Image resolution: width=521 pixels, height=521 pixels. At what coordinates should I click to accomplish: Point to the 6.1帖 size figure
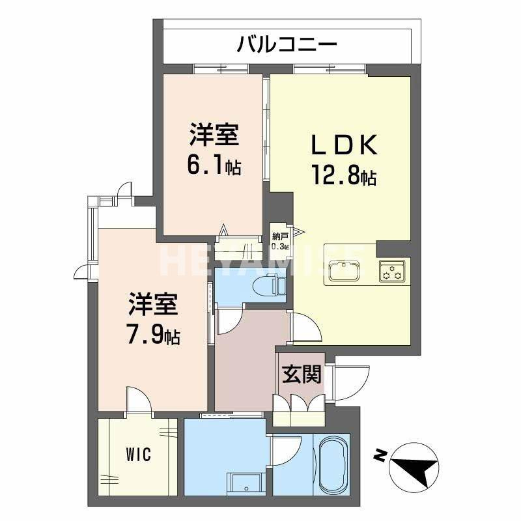pyautogui.click(x=214, y=167)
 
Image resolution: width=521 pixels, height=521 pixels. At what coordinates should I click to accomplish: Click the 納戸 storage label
pyautogui.click(x=280, y=238)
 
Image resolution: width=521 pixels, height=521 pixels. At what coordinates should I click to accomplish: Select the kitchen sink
pyautogui.click(x=344, y=270)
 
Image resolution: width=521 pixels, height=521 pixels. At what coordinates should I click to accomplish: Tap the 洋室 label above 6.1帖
pyautogui.click(x=214, y=135)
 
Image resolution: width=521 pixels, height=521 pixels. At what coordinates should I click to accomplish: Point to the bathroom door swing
pyautogui.click(x=287, y=449)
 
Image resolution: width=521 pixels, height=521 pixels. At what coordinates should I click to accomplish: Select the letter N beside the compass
pyautogui.click(x=379, y=455)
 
